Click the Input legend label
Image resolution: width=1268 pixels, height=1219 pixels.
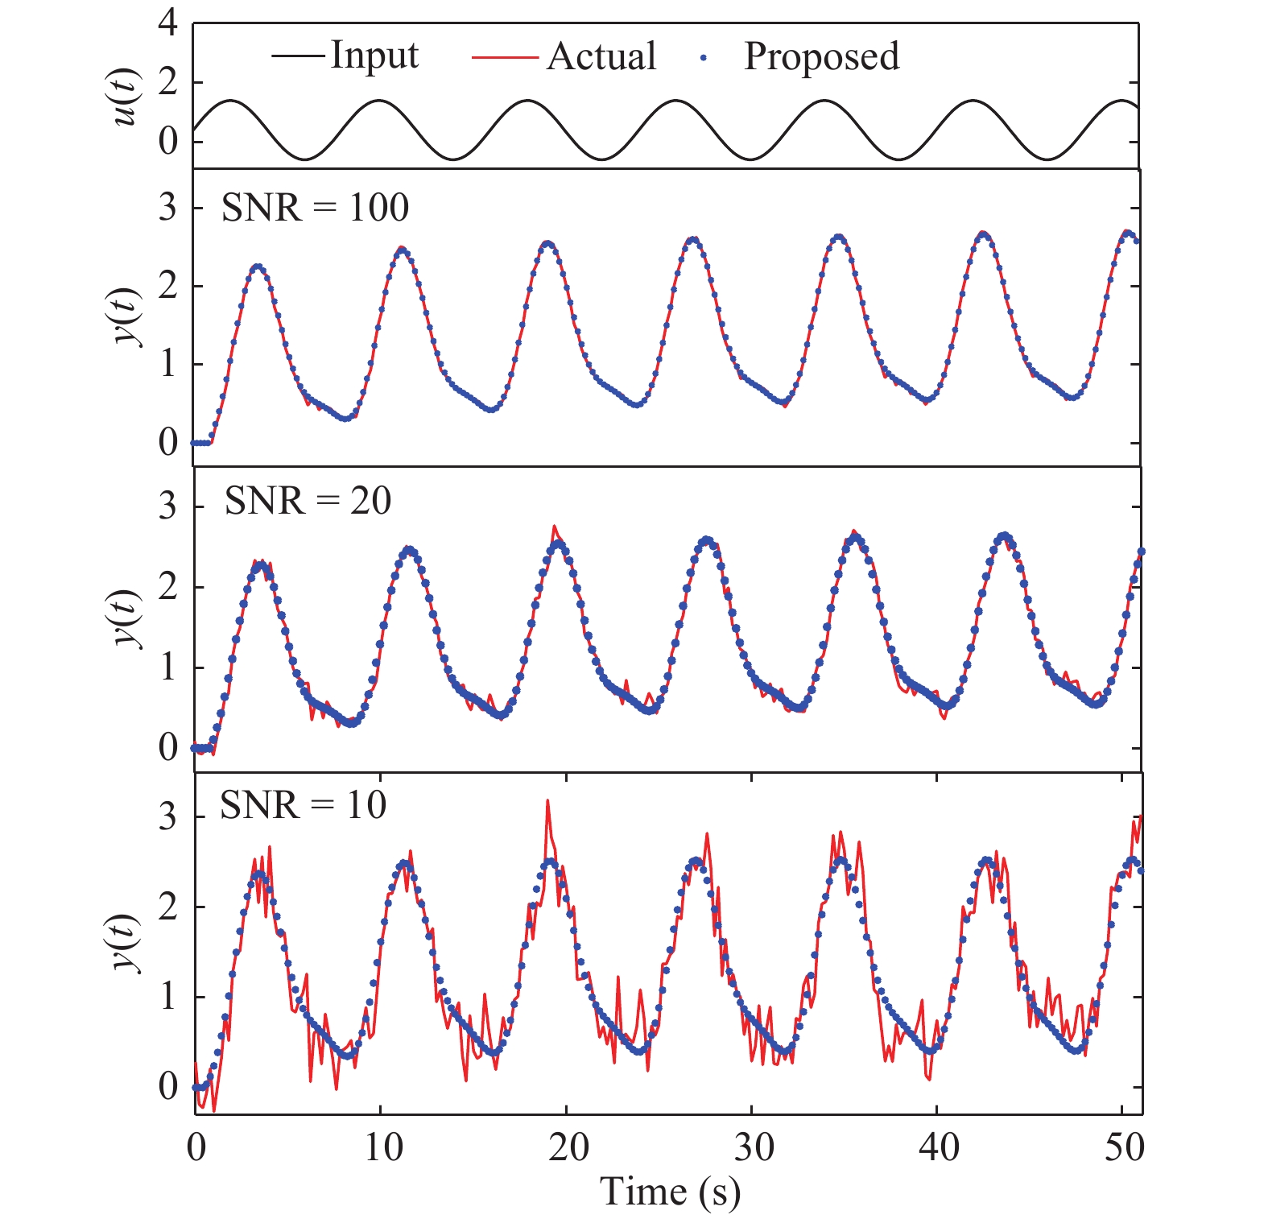(x=374, y=56)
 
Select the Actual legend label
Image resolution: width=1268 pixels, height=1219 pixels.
(x=601, y=56)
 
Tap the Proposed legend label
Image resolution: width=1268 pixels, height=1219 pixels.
(x=821, y=56)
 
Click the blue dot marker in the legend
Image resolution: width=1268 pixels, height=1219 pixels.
(x=704, y=57)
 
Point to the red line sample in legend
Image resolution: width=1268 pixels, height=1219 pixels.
(x=504, y=57)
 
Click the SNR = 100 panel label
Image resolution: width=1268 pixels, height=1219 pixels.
(x=315, y=208)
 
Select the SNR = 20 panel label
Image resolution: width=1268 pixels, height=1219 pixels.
(x=308, y=501)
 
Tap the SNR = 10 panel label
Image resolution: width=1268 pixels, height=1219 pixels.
(x=303, y=804)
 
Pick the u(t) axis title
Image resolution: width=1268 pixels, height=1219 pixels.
(x=126, y=98)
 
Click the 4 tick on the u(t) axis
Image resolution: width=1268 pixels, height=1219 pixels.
(x=167, y=24)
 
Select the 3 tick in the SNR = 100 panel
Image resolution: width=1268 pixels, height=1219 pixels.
(x=167, y=208)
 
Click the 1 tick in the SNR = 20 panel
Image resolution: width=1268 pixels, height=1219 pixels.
(x=167, y=667)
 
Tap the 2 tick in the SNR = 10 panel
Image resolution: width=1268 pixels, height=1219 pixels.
(x=167, y=907)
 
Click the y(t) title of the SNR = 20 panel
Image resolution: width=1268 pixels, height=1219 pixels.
(x=126, y=618)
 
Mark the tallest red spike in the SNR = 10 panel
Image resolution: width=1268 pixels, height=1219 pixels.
(x=547, y=801)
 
